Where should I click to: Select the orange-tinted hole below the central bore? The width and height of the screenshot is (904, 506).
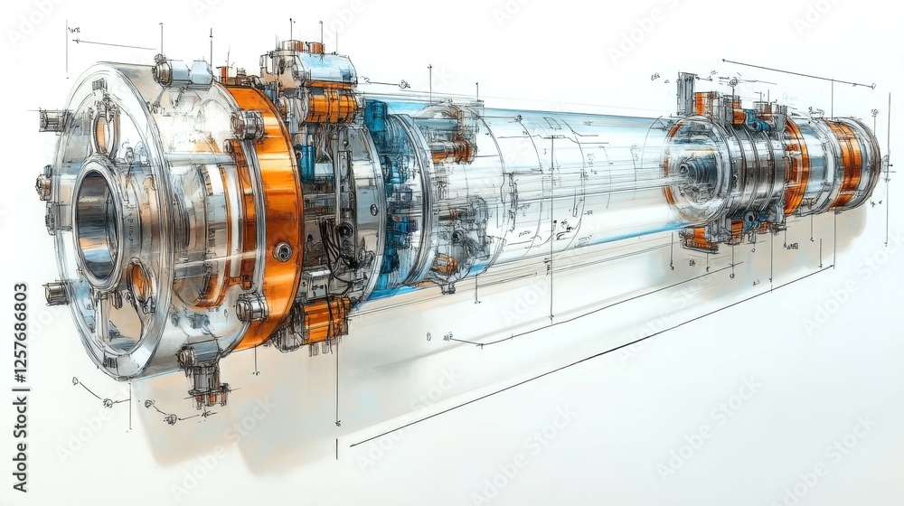[139, 282]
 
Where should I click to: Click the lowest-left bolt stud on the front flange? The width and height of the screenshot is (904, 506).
[56, 293]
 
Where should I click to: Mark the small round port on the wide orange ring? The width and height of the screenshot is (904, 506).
[283, 251]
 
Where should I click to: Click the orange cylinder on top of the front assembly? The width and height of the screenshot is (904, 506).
[331, 106]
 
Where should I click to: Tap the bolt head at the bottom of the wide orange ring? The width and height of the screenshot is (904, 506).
[250, 308]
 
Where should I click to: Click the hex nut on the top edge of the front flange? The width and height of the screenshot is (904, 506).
[163, 70]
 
